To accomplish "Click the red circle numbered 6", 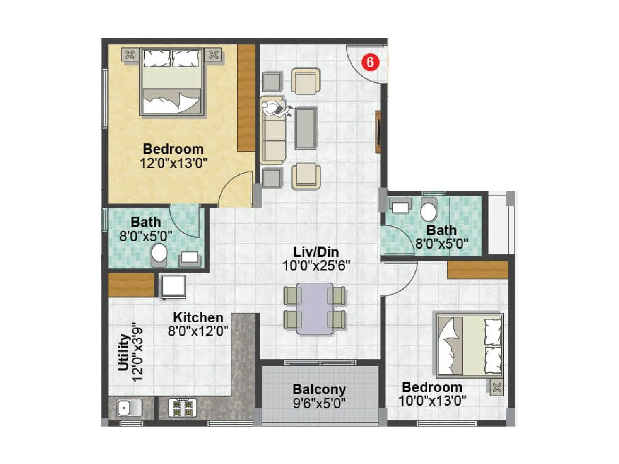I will click(x=370, y=62).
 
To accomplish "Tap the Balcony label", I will click(x=319, y=389).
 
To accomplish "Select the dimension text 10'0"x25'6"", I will click(x=316, y=266).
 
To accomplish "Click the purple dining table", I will click(x=315, y=308).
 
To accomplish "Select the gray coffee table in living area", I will click(x=306, y=128).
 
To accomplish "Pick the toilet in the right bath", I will click(x=428, y=210).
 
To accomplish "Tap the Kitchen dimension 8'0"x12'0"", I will click(x=198, y=331).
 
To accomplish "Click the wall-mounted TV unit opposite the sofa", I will click(x=378, y=131).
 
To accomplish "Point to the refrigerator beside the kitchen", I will click(x=174, y=286).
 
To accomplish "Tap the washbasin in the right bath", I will click(x=400, y=206).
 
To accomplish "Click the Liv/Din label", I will click(x=316, y=252).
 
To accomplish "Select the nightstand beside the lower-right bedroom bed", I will click(x=496, y=387).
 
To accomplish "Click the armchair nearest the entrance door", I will click(x=306, y=81).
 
